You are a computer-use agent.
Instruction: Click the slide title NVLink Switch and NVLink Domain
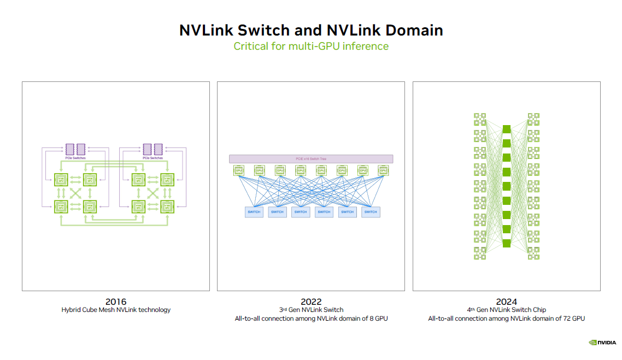tap(311, 29)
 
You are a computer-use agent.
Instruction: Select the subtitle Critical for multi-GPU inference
tap(311, 46)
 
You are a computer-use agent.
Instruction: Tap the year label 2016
tap(116, 302)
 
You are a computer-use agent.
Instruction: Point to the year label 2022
tap(311, 302)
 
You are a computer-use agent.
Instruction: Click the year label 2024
tap(506, 302)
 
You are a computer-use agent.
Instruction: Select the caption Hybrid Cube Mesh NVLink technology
tap(116, 310)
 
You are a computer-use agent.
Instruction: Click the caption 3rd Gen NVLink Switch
tap(311, 310)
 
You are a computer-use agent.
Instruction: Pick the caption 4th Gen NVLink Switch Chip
tap(506, 310)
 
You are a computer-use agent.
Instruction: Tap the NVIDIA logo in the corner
tap(602, 343)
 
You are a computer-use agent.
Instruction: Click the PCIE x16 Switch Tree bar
tap(311, 159)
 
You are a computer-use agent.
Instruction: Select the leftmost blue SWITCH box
tap(254, 212)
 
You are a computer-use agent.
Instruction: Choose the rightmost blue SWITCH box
tap(371, 212)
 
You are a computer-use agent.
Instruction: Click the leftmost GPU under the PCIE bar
tap(239, 170)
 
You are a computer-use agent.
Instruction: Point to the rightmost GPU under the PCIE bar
tap(383, 170)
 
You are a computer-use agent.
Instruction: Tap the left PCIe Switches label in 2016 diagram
tap(75, 158)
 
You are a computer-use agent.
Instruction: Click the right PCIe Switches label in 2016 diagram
tap(152, 158)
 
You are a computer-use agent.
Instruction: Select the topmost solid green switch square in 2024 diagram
tap(506, 129)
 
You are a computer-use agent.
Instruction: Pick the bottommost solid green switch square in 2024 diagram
tap(506, 243)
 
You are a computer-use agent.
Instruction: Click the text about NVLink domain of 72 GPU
tap(506, 318)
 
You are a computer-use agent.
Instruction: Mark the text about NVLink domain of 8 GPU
tap(311, 318)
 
